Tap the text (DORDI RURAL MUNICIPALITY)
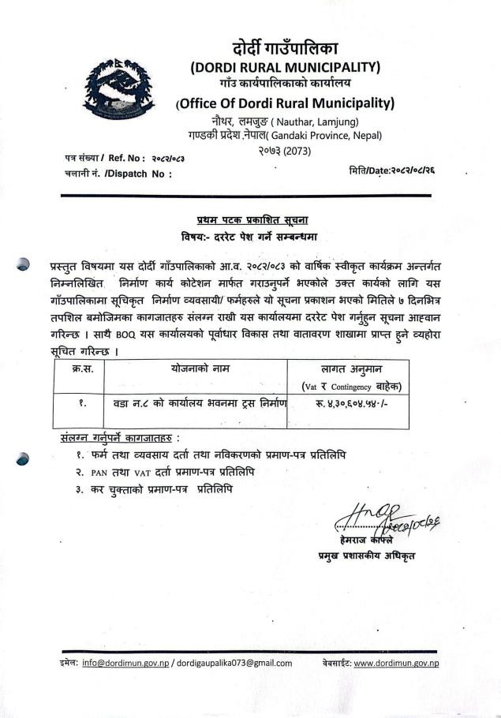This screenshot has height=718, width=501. (286, 66)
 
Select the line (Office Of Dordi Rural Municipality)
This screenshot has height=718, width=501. (285, 103)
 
